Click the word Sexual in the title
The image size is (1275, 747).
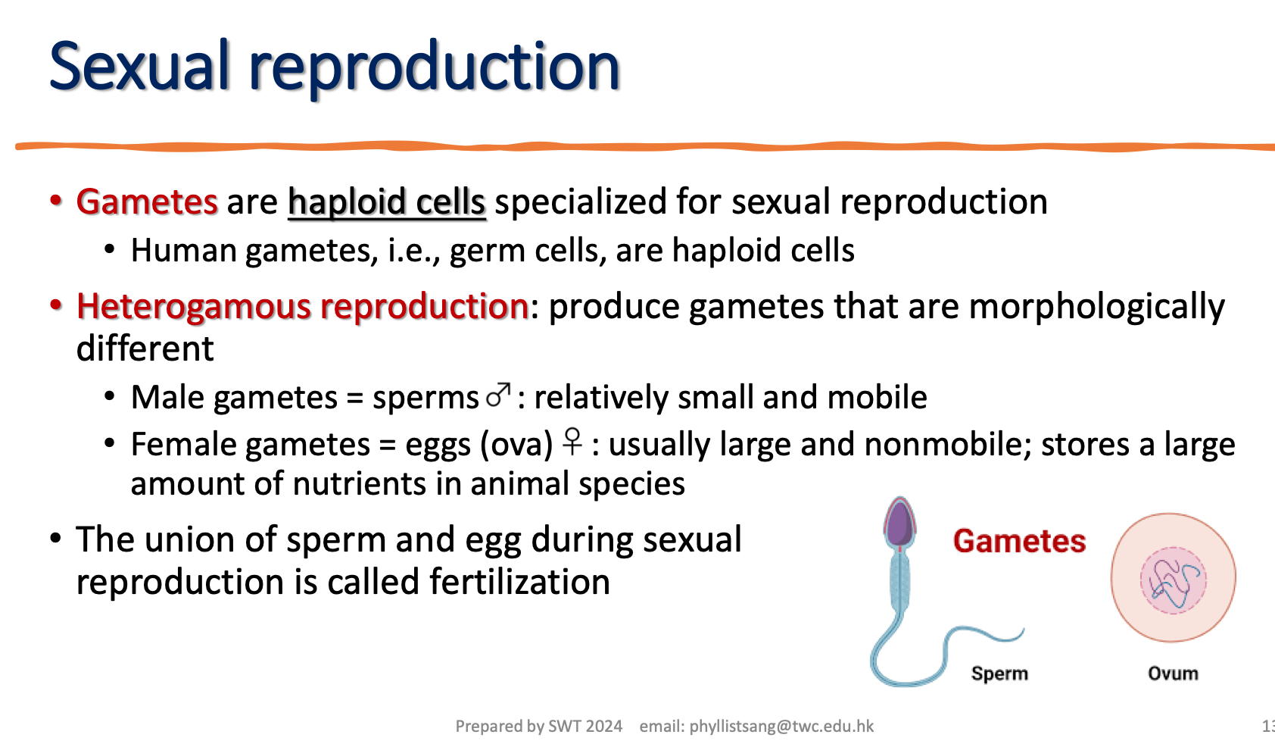[x=139, y=67]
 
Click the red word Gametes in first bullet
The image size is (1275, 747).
[x=147, y=202]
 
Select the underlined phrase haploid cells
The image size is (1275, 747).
[x=386, y=202]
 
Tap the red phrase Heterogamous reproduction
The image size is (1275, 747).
[x=302, y=307]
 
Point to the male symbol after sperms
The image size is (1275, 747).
[x=498, y=395]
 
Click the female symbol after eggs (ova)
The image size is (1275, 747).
[x=572, y=442]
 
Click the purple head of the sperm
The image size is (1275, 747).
[x=899, y=523]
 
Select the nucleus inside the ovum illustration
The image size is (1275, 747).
[x=1173, y=580]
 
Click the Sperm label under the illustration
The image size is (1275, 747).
[x=999, y=674]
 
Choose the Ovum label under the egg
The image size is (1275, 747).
[x=1173, y=674]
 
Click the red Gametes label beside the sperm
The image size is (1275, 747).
[x=1019, y=542]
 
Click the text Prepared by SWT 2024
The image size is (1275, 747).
[x=538, y=727]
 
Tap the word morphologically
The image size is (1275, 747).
[x=1096, y=307]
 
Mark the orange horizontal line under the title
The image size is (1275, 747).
[x=644, y=146]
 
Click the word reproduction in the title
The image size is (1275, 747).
[x=435, y=67]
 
